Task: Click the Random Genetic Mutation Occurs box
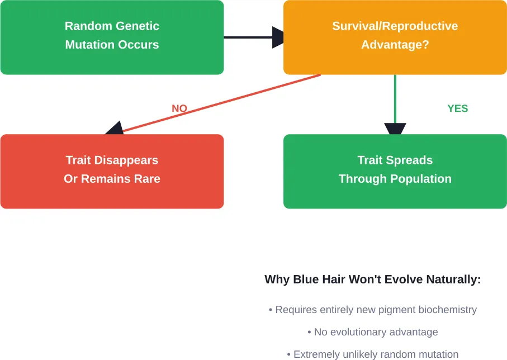point(112,37)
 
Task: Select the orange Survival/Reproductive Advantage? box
point(395,37)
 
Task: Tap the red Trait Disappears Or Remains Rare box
point(112,171)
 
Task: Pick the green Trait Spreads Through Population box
point(395,171)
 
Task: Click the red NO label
point(179,108)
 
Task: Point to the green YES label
point(457,108)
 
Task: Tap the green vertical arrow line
point(395,98)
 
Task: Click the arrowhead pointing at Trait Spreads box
point(395,129)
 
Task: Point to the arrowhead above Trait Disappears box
point(115,129)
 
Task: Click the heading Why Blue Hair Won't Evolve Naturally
point(372,280)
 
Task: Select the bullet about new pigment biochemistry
point(372,310)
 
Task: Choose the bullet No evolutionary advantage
point(372,332)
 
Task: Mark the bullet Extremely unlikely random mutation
point(372,354)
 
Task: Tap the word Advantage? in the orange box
point(395,45)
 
